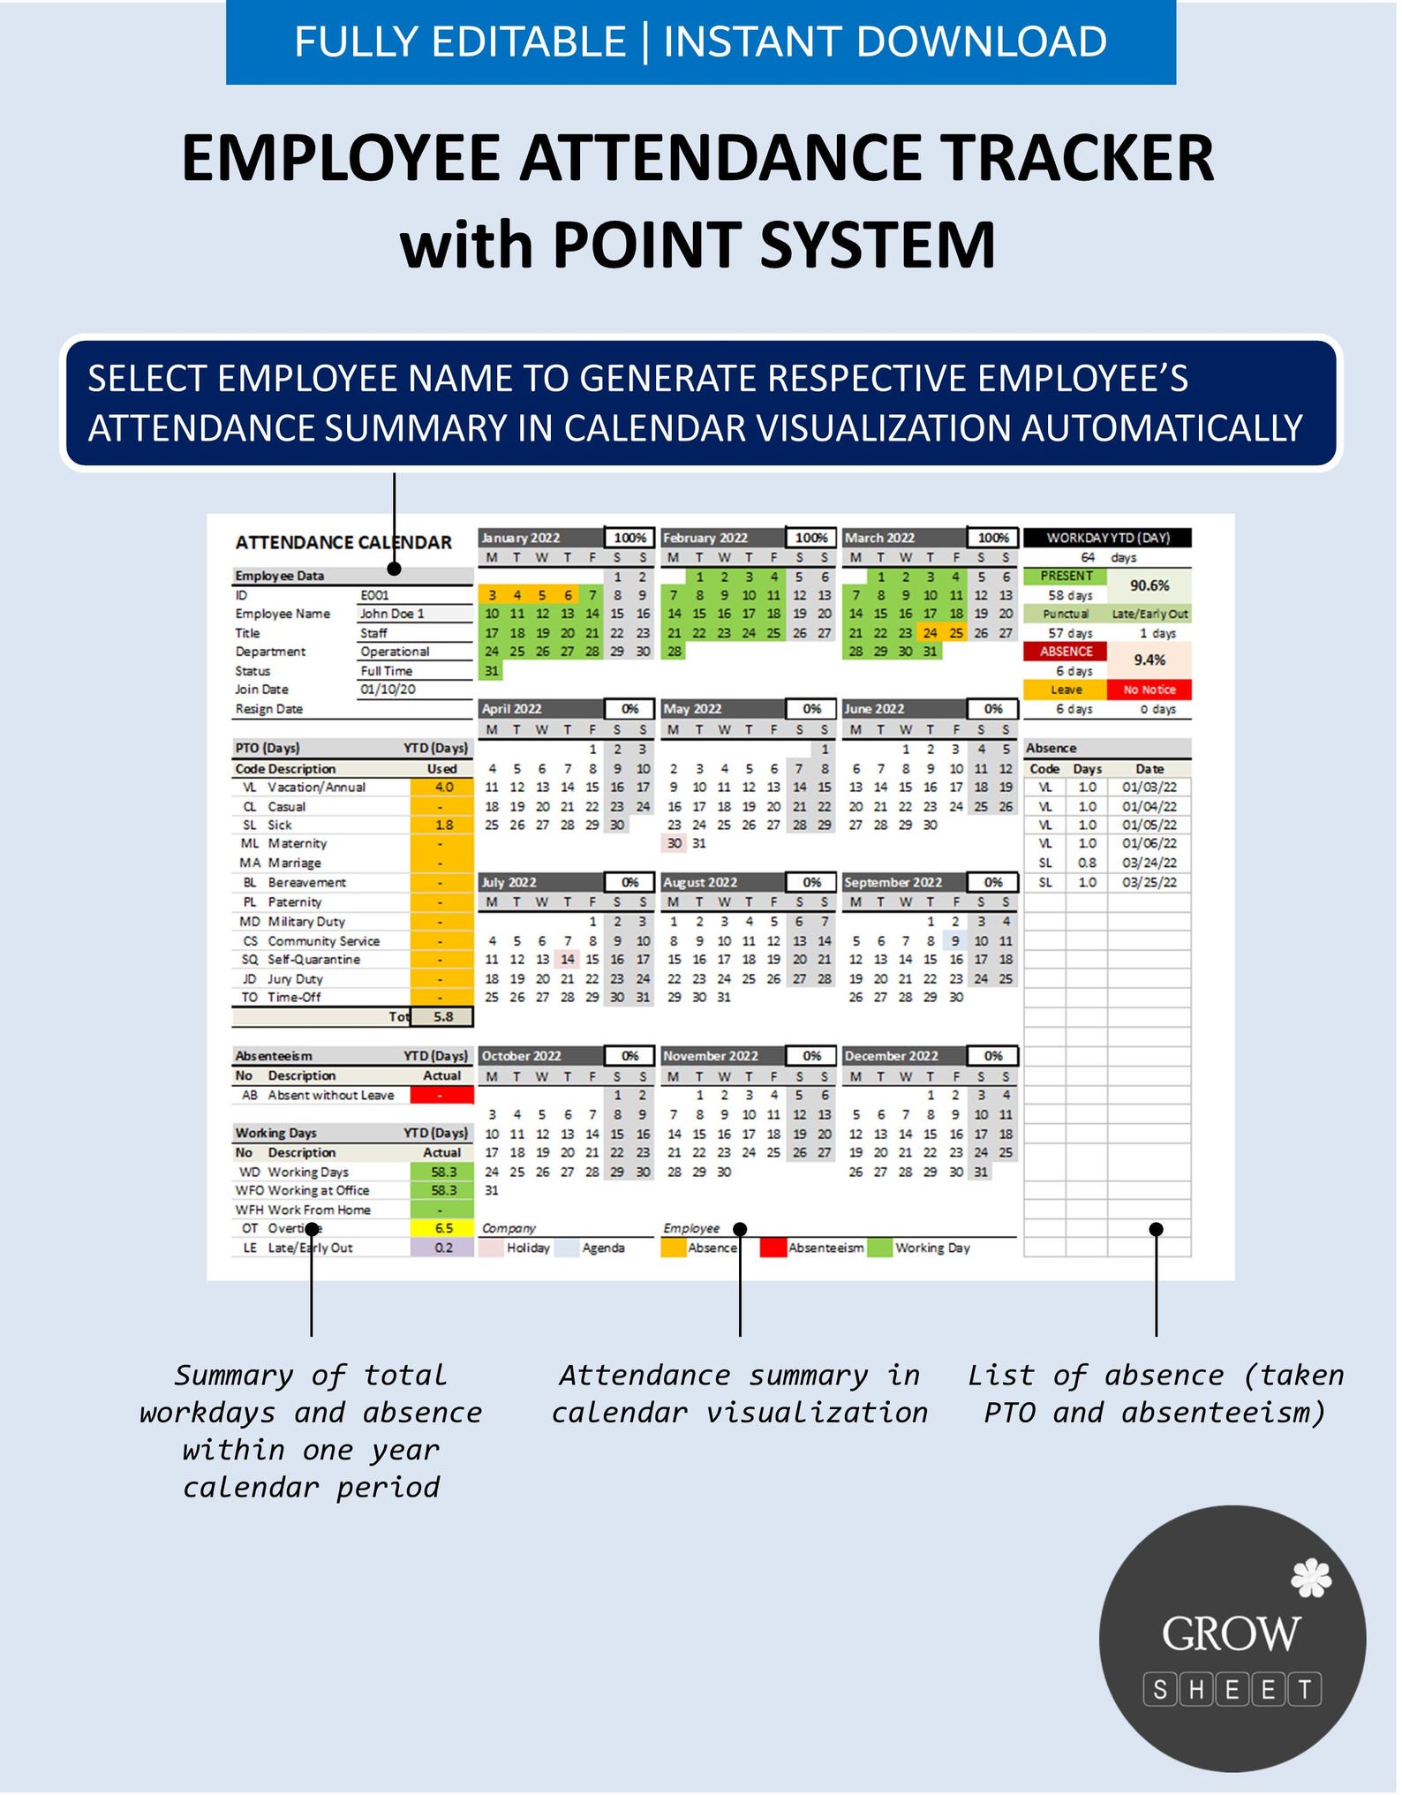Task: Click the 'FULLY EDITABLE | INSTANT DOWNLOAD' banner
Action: click(x=700, y=41)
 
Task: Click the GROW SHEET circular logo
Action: click(x=1232, y=1639)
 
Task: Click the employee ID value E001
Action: click(x=374, y=595)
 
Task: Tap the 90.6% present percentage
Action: click(x=1149, y=585)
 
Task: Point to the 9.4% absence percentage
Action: click(x=1149, y=660)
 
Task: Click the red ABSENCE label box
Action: click(x=1066, y=652)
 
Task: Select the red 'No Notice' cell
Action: click(x=1149, y=690)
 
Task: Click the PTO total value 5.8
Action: click(x=442, y=1017)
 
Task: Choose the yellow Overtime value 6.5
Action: click(x=443, y=1228)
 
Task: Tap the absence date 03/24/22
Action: click(x=1149, y=863)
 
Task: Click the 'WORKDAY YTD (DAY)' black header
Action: click(x=1107, y=538)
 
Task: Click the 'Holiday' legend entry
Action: click(x=527, y=1248)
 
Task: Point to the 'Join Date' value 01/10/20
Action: click(x=388, y=690)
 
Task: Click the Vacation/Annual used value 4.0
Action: click(x=443, y=787)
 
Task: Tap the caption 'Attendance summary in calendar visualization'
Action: click(x=739, y=1394)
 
